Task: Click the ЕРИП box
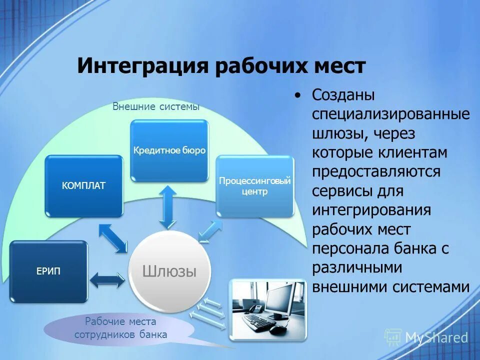tap(48, 271)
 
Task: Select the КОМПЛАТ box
tap(83, 185)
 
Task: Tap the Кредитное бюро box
tap(169, 150)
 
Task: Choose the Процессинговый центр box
tap(254, 186)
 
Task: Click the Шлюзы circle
tap(169, 271)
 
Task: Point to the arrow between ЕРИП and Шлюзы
tap(107, 279)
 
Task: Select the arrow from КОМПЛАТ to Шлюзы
tap(113, 238)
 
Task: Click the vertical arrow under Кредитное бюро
tap(168, 206)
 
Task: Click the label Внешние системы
tap(155, 106)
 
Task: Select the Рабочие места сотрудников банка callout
tap(120, 328)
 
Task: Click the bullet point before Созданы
tap(298, 95)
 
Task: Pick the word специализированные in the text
tap(391, 114)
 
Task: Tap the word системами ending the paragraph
tap(431, 287)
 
